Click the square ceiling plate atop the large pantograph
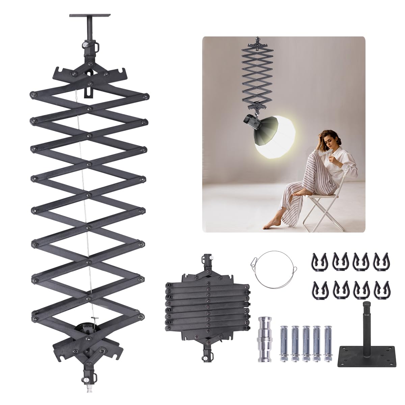click(x=90, y=16)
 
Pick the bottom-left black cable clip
click(x=318, y=289)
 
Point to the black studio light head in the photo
click(x=251, y=123)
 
